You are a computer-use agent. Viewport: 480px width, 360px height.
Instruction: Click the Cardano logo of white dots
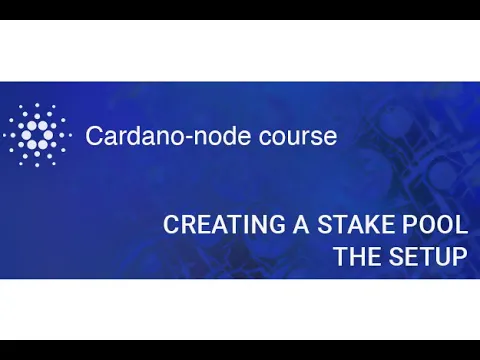(37, 135)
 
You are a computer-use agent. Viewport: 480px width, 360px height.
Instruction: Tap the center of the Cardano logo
(37, 135)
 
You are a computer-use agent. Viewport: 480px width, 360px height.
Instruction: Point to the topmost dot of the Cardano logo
(37, 103)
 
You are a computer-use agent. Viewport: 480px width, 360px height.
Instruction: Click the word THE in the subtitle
(355, 257)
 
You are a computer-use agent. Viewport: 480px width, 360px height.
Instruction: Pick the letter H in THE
(355, 257)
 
